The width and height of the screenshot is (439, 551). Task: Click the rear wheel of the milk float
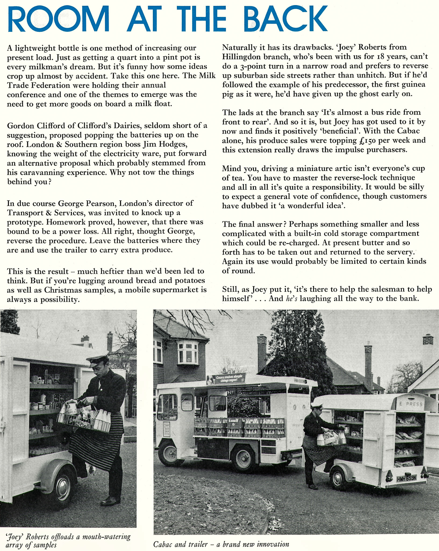244,458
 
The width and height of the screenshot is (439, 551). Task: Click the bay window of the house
188,352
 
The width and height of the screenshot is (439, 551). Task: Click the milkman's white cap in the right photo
316,405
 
